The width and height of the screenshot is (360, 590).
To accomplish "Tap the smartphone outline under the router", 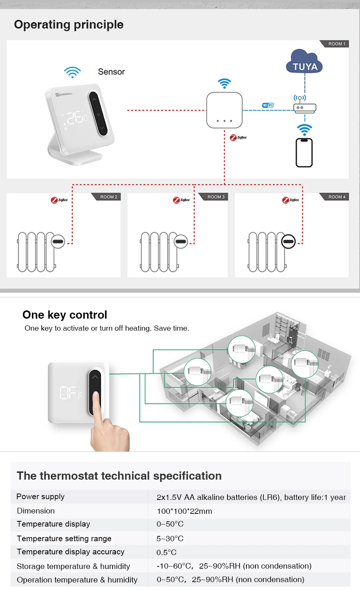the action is point(304,152).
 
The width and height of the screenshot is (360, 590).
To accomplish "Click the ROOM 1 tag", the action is point(334,44).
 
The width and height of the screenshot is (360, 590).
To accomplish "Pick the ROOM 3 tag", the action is point(214,197).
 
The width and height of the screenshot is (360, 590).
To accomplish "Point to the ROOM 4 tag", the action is point(334,197).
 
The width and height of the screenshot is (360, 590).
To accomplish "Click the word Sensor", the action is point(111,72).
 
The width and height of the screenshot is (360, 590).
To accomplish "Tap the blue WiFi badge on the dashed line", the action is point(268,105).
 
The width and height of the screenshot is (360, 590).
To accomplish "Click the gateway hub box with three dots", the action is point(225,110).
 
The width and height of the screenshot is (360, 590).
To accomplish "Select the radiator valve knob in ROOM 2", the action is point(58,241).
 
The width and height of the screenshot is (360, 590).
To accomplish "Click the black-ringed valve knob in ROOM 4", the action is point(288,241).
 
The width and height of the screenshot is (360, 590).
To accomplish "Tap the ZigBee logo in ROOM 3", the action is point(181,200).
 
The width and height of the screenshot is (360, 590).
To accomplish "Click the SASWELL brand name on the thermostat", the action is point(64,94).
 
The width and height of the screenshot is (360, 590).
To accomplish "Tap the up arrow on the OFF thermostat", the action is point(95,377).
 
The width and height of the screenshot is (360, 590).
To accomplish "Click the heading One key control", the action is point(65,315).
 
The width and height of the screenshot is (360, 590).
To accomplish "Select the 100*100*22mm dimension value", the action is point(184,511).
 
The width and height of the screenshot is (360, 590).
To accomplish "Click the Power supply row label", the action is point(40,497).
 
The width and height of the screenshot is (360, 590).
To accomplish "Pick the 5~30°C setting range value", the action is point(170,539).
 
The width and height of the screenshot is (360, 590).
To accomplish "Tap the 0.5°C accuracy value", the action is point(166,552).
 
